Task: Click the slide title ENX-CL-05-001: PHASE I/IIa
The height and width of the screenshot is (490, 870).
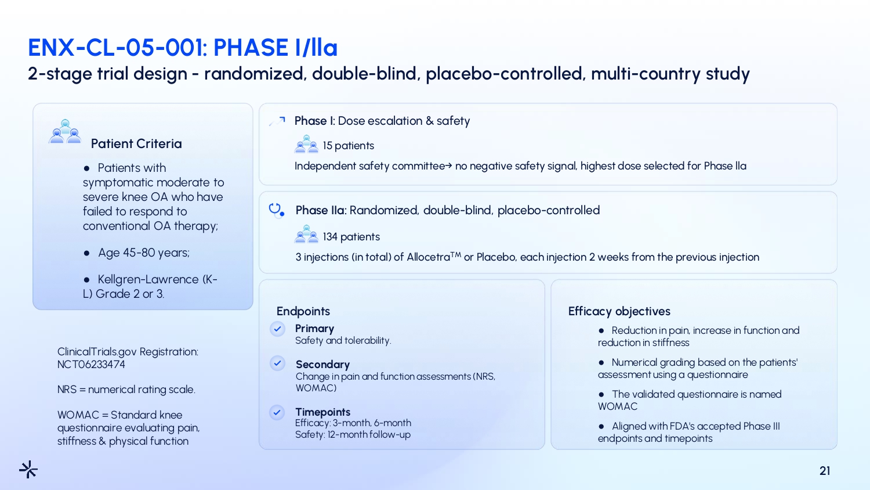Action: tap(183, 48)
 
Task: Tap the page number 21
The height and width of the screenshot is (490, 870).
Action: tap(825, 471)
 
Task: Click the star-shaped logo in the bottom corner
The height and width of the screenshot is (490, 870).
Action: tap(28, 469)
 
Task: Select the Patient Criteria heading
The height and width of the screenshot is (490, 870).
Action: tap(136, 144)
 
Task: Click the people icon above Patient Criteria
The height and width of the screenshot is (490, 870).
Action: tap(65, 131)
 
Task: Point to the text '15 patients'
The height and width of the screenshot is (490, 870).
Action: tap(349, 146)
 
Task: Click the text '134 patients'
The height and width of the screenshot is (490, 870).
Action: tap(351, 237)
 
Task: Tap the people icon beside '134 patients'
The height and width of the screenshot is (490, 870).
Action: tap(306, 234)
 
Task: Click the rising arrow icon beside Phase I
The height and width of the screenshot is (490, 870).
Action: tap(277, 121)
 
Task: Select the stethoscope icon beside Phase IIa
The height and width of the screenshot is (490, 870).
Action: tap(276, 210)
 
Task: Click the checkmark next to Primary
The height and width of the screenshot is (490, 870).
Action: tap(277, 329)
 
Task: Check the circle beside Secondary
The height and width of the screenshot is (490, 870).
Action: tap(277, 363)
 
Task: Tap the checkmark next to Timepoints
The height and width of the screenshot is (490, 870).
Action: tap(277, 413)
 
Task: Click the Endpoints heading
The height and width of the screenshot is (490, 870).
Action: tap(303, 311)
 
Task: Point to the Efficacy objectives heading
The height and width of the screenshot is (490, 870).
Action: tap(619, 311)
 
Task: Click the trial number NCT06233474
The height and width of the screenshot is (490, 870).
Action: tap(91, 365)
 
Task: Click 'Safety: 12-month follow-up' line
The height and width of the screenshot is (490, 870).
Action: tap(353, 434)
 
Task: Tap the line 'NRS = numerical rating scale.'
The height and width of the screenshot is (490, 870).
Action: tap(126, 390)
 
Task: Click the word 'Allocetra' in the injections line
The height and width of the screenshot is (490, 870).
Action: tap(429, 257)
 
